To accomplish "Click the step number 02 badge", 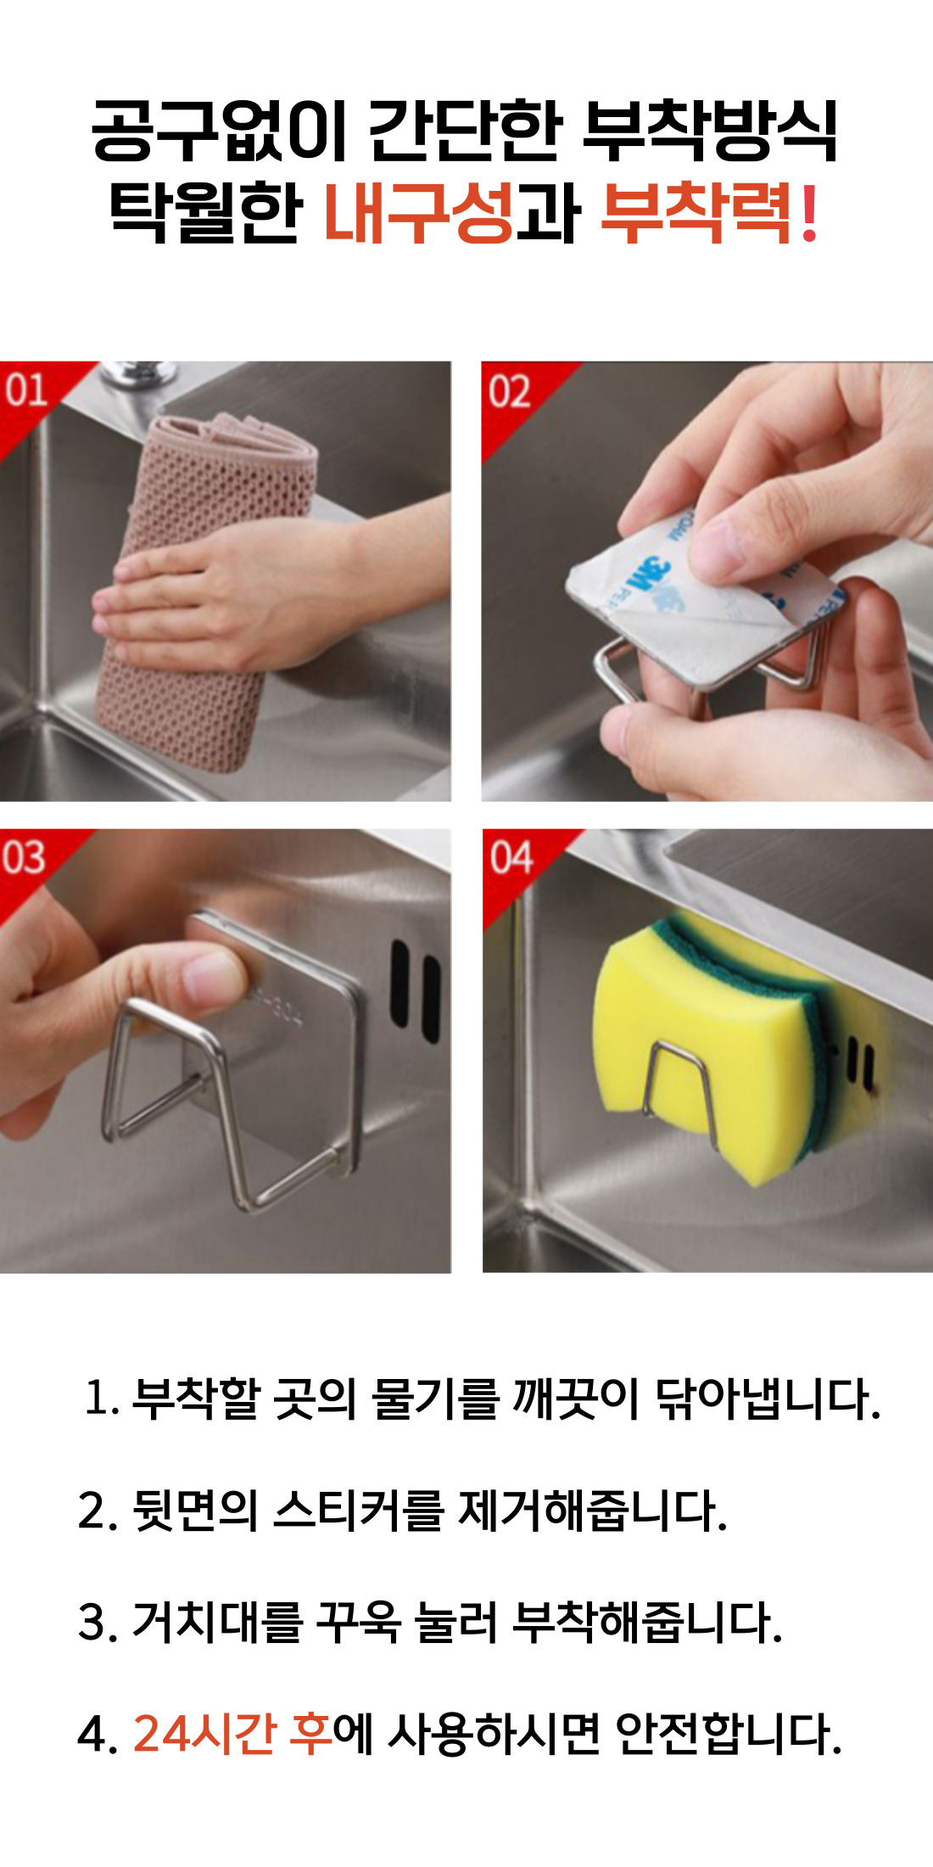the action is click(x=509, y=392).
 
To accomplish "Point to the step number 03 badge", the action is click(x=24, y=857).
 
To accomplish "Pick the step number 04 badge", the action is click(x=511, y=857).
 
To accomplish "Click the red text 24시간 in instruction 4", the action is click(x=204, y=1731).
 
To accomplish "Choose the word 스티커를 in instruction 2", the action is click(x=359, y=1510).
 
